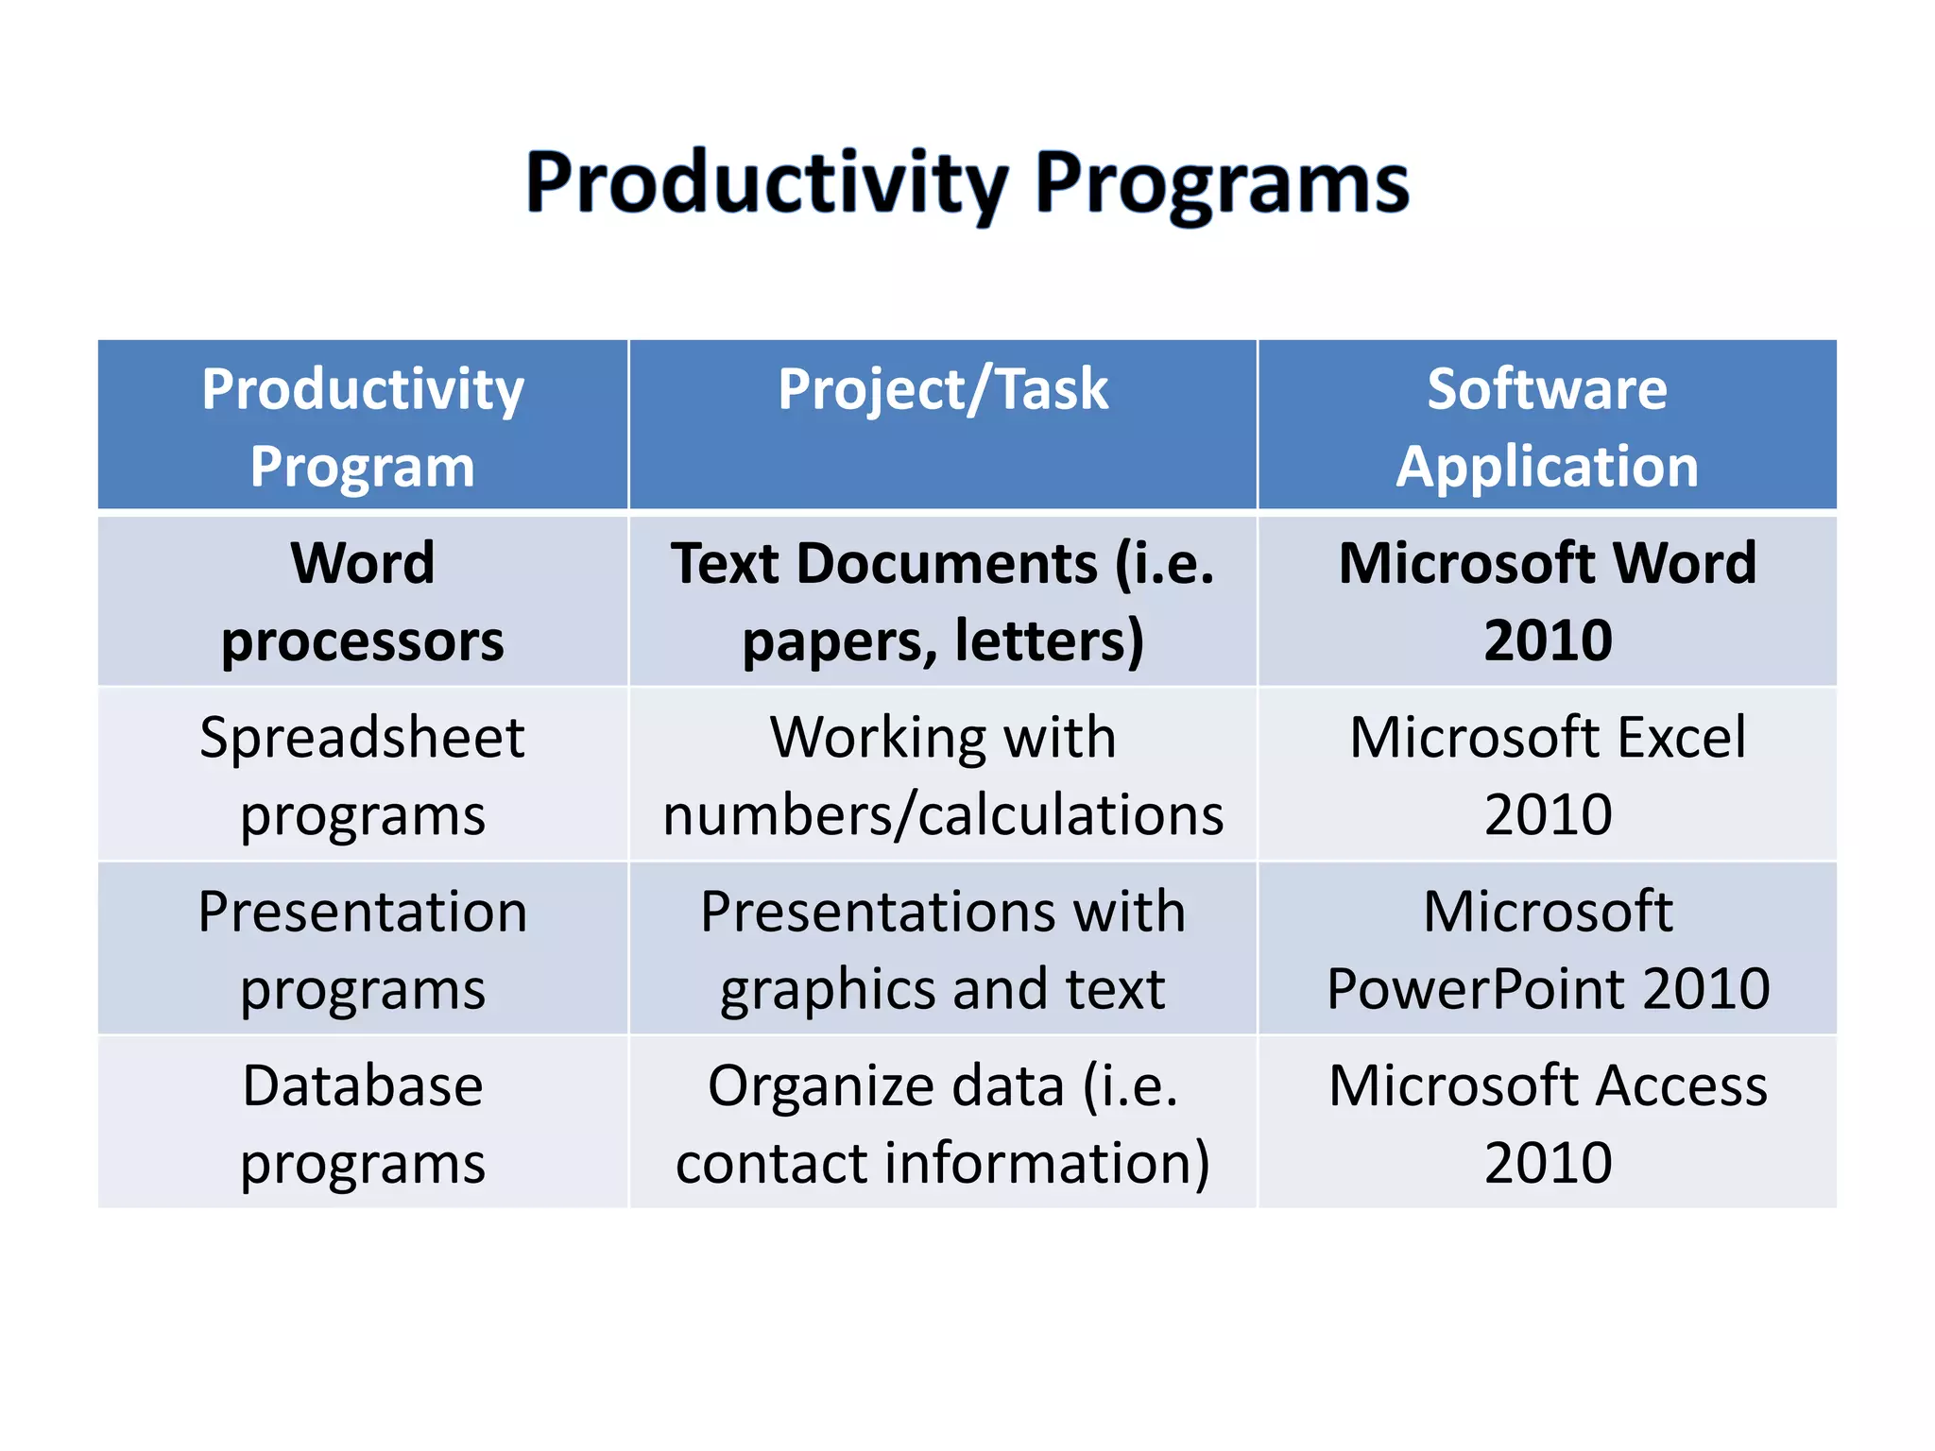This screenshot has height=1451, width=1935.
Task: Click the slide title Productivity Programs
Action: point(967,184)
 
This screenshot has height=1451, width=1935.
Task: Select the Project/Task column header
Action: point(942,389)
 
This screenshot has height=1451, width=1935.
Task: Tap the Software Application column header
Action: point(1547,427)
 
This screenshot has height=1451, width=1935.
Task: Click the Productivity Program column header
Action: point(363,427)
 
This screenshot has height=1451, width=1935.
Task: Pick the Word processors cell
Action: point(363,602)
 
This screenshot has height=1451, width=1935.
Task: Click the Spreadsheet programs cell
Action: point(363,776)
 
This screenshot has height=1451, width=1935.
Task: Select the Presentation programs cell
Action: point(363,949)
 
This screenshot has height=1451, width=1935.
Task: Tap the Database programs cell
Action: point(363,1123)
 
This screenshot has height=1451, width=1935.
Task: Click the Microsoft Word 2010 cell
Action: point(1547,602)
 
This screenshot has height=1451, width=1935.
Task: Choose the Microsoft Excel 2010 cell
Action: point(1547,776)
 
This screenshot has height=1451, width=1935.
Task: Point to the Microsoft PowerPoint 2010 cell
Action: point(1547,949)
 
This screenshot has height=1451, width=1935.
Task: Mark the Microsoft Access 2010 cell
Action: point(1547,1123)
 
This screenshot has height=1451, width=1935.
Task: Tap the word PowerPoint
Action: point(1476,989)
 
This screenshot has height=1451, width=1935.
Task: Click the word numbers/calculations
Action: point(943,815)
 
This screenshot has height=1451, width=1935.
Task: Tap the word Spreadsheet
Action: point(362,738)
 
